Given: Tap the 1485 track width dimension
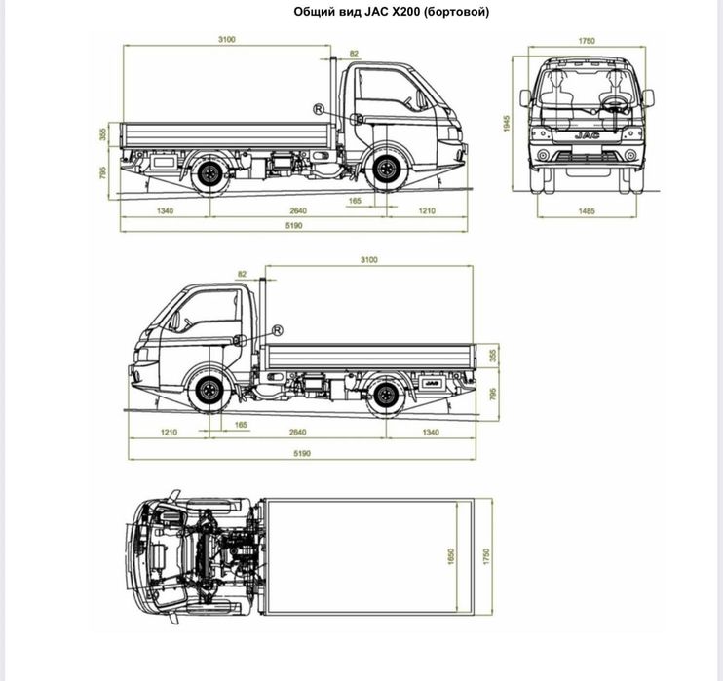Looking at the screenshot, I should coord(586,210).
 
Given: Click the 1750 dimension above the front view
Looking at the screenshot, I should coord(586,41).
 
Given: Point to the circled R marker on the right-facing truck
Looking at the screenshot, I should coord(318,107).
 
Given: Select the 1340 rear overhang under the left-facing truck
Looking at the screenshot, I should coord(431,432).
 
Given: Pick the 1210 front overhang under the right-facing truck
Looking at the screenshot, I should coord(427,210).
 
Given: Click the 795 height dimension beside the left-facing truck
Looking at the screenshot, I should coord(493,394).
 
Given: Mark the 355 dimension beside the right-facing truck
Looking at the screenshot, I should coord(102,133).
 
